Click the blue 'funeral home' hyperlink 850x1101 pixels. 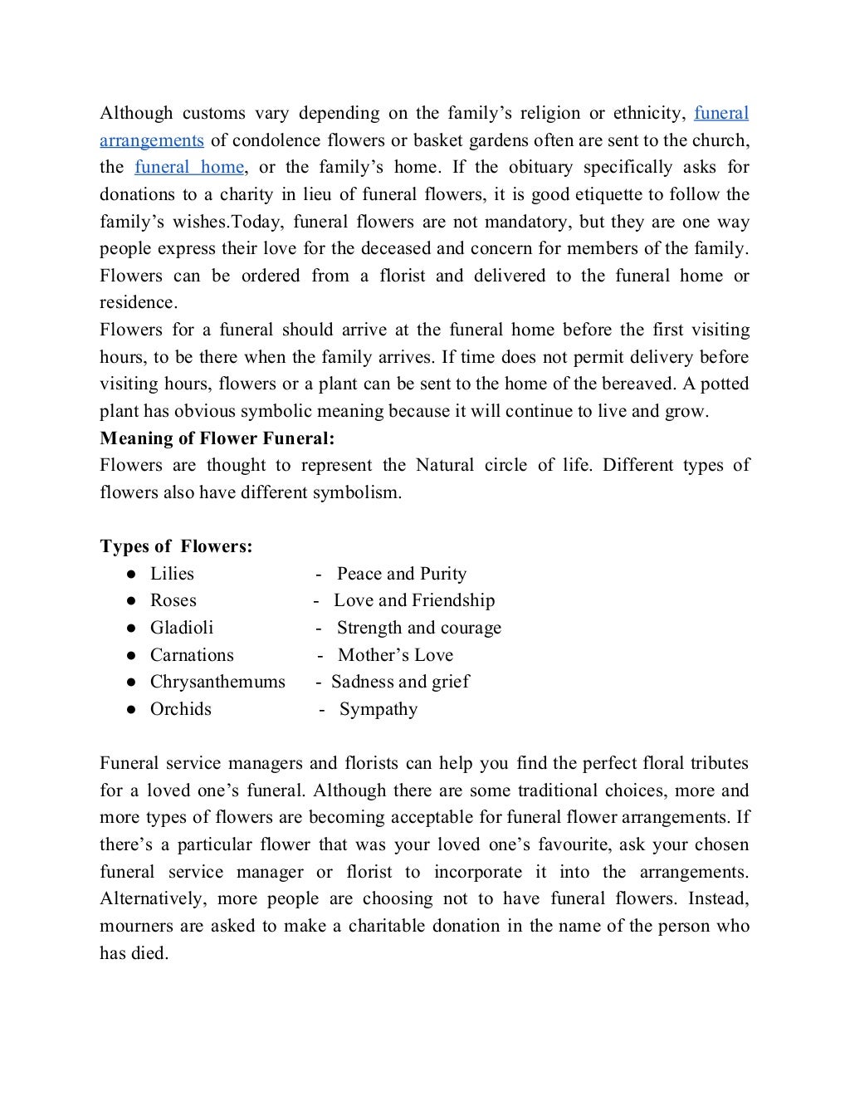[x=189, y=167]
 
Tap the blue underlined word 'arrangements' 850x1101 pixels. [x=152, y=139]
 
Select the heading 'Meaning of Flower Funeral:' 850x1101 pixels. [x=217, y=438]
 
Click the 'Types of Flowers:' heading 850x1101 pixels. [x=176, y=546]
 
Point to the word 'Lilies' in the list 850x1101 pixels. [x=172, y=574]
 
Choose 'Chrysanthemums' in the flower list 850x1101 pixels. [x=217, y=682]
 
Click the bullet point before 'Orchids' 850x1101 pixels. [x=131, y=710]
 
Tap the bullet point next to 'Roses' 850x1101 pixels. [x=131, y=601]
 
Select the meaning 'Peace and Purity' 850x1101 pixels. [x=402, y=574]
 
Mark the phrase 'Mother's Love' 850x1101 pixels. [x=395, y=655]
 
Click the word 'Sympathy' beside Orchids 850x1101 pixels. [x=379, y=710]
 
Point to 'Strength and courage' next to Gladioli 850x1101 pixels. [x=419, y=628]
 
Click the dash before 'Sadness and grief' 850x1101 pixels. [x=319, y=683]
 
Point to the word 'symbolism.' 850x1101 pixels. [x=357, y=492]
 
